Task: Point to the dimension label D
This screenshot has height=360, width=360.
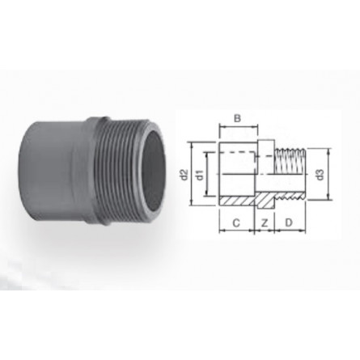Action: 288,221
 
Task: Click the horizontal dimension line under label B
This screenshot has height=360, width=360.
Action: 237,128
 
